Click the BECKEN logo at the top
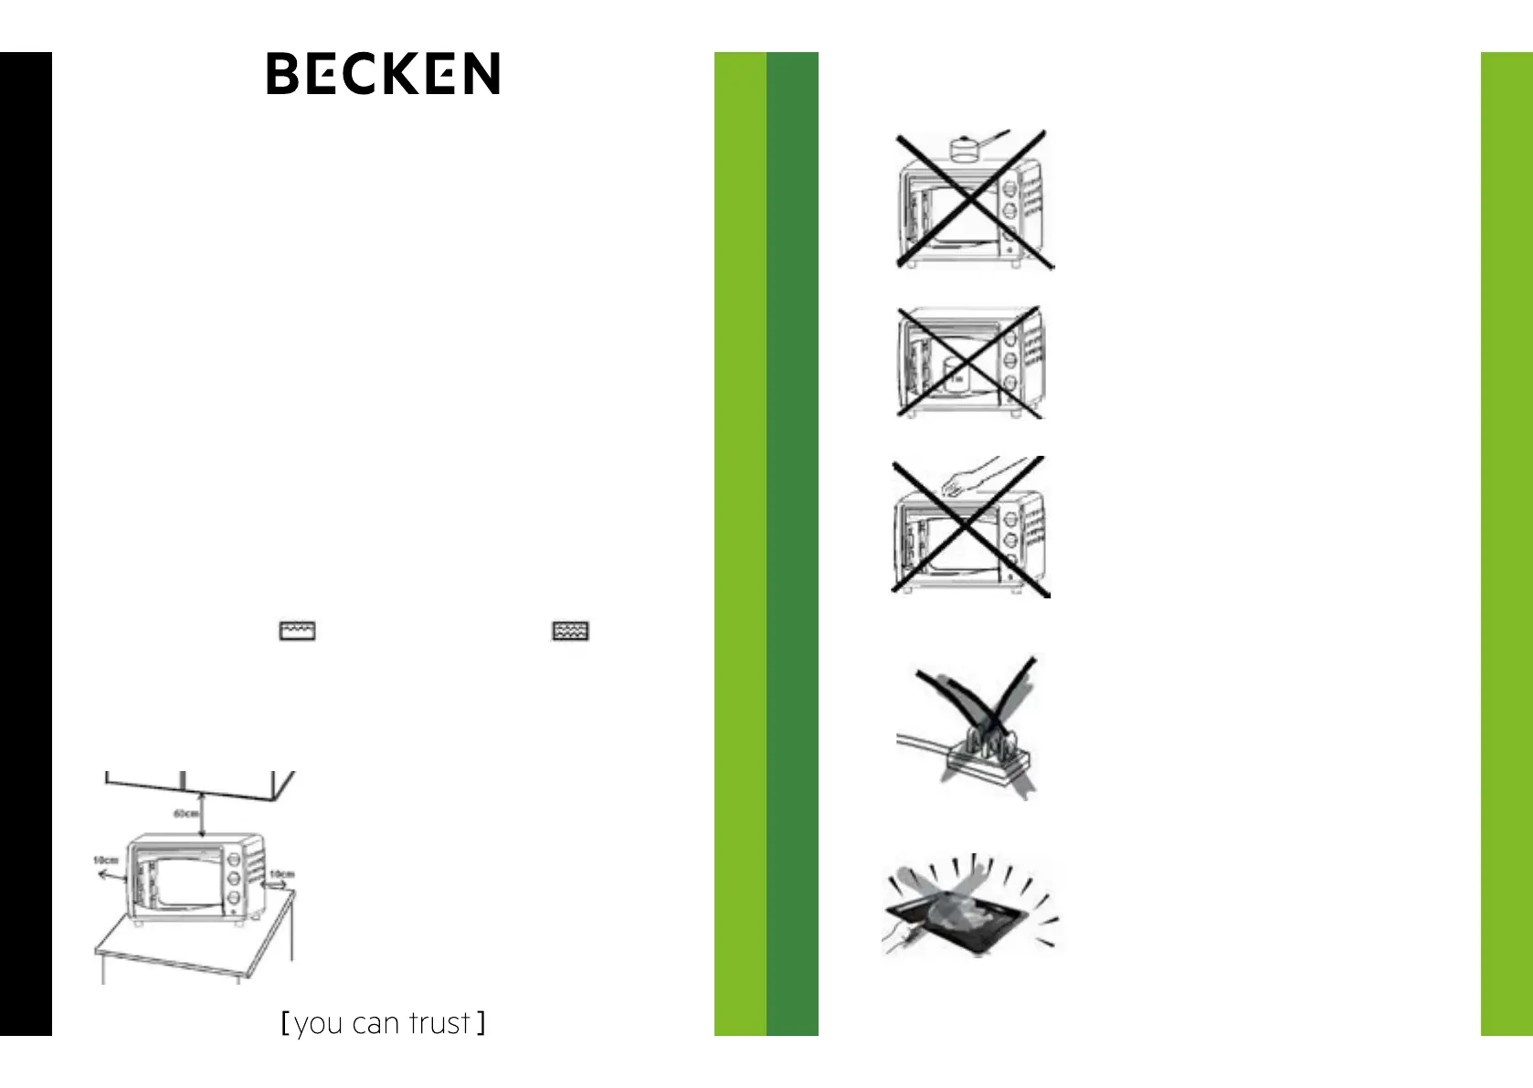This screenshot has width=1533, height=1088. tap(383, 74)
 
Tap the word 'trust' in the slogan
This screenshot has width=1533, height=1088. tap(439, 1023)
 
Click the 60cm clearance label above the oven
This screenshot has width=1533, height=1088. tap(186, 813)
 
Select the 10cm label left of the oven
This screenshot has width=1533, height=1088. tap(105, 861)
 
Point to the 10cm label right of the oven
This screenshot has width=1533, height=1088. tap(281, 874)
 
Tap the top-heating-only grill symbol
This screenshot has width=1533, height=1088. tap(297, 631)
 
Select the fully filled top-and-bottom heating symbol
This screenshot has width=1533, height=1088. tap(570, 631)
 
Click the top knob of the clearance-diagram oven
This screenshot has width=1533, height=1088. tap(233, 859)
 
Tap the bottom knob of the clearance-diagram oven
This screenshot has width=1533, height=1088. tap(233, 899)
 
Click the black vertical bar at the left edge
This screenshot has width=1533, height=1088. tap(26, 544)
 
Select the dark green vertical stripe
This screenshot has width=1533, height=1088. tap(792, 544)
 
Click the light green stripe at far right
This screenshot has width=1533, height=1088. tap(1507, 544)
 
